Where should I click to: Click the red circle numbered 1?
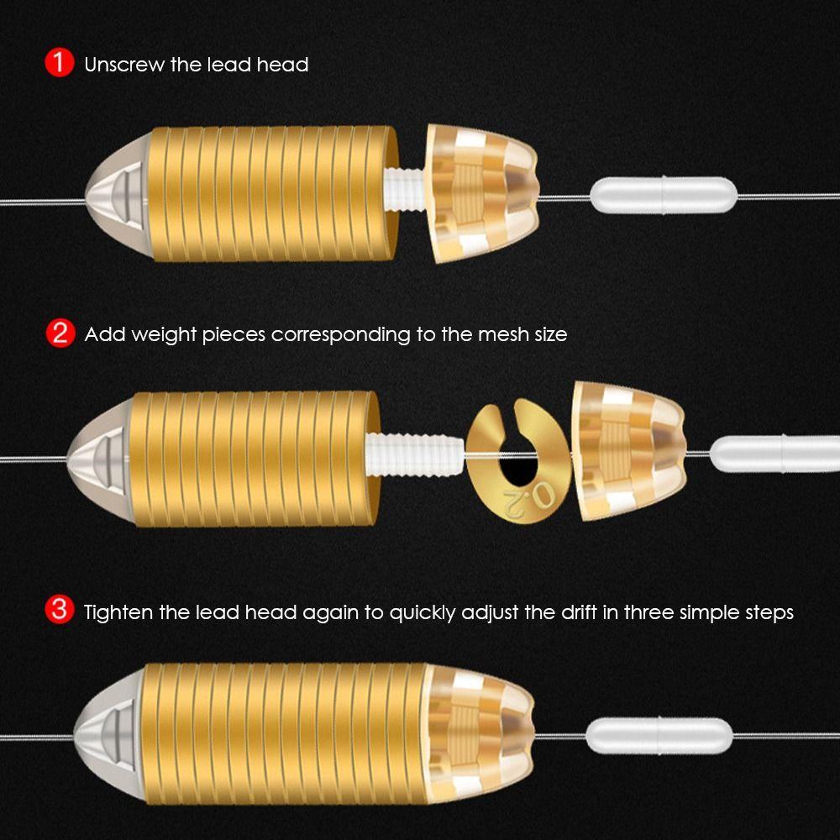(x=59, y=63)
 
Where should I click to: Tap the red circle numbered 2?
(x=60, y=333)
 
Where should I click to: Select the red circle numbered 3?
(x=59, y=610)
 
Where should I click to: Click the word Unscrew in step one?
(x=124, y=65)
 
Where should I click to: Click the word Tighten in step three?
(x=118, y=612)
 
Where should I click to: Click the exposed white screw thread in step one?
(x=404, y=188)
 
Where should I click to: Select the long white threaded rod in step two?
(x=414, y=455)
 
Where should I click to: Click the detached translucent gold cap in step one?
(x=482, y=193)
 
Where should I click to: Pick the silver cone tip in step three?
(x=108, y=735)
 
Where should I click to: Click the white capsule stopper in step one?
(x=664, y=195)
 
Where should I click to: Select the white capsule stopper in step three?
(x=659, y=735)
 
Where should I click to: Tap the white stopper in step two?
(x=774, y=454)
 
